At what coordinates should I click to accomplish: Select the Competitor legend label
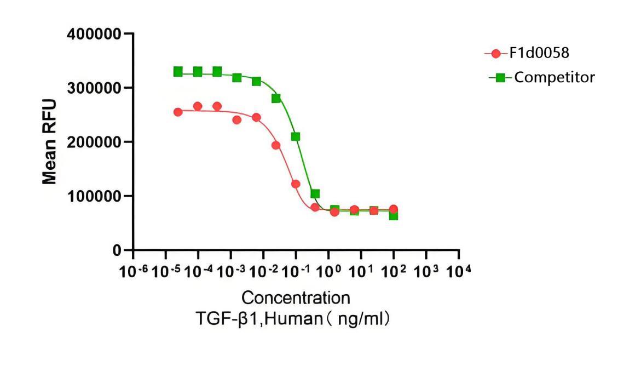(x=555, y=77)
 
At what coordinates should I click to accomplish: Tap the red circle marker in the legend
(x=496, y=54)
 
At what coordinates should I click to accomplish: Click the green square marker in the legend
(x=500, y=78)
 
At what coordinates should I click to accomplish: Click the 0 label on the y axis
(x=117, y=250)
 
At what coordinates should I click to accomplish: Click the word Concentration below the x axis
(x=296, y=298)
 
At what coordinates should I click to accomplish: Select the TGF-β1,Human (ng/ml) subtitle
(x=296, y=319)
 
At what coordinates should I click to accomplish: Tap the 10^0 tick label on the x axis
(x=328, y=271)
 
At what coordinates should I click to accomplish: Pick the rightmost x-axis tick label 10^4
(x=458, y=271)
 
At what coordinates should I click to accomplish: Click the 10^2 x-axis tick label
(x=393, y=271)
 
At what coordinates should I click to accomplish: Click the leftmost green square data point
(x=178, y=72)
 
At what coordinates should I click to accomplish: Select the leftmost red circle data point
(x=178, y=112)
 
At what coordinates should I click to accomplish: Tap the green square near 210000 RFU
(x=296, y=136)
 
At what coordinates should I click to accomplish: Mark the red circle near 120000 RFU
(x=296, y=184)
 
